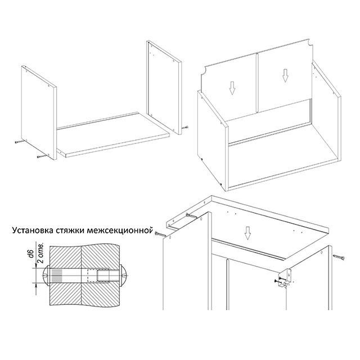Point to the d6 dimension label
pyautogui.click(x=32, y=253)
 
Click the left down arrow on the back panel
pyautogui.click(x=232, y=88)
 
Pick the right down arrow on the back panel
pyautogui.click(x=285, y=76)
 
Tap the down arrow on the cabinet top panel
pyautogui.click(x=247, y=233)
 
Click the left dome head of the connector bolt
pyautogui.click(x=46, y=275)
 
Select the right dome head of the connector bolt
pyautogui.click(x=123, y=276)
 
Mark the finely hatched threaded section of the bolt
pyautogui.click(x=57, y=276)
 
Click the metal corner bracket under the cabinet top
pyautogui.click(x=285, y=277)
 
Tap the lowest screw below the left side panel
pyautogui.click(x=42, y=156)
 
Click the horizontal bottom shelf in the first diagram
pyautogui.click(x=113, y=135)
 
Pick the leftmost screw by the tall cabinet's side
pyautogui.click(x=160, y=234)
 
